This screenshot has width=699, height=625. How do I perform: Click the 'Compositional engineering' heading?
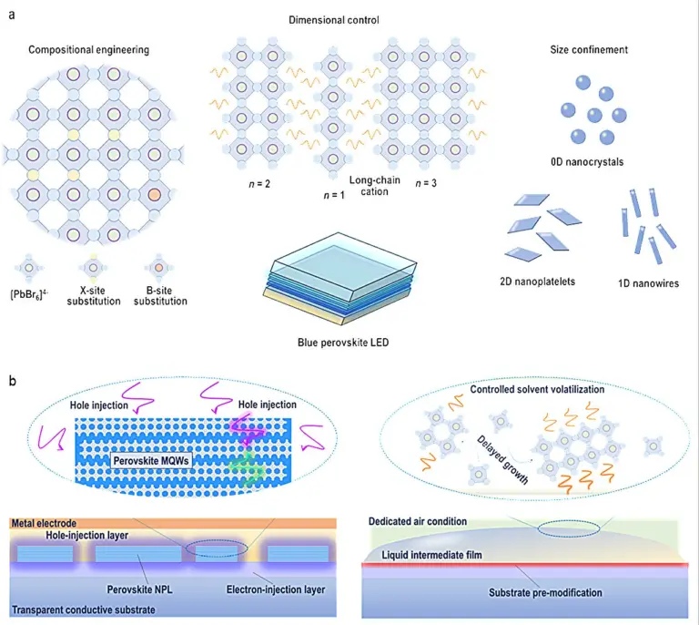pyautogui.click(x=88, y=49)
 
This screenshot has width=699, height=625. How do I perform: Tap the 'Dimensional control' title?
pyautogui.click(x=334, y=20)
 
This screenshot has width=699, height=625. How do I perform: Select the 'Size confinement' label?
pyautogui.click(x=589, y=49)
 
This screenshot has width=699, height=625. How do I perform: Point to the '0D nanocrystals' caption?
pyautogui.click(x=587, y=162)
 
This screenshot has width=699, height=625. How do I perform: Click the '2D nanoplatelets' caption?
pyautogui.click(x=537, y=282)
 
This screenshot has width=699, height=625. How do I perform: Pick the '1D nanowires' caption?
pyautogui.click(x=648, y=283)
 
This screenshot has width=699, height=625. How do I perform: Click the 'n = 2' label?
pyautogui.click(x=259, y=184)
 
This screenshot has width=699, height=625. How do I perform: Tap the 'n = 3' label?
pyautogui.click(x=426, y=183)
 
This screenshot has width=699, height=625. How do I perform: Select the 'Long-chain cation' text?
pyautogui.click(x=374, y=186)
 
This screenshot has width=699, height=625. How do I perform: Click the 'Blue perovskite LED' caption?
pyautogui.click(x=343, y=343)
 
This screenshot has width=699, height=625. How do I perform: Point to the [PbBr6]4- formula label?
pyautogui.click(x=29, y=295)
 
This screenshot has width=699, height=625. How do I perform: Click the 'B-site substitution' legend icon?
pyautogui.click(x=158, y=268)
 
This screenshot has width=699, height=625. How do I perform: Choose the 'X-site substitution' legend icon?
pyautogui.click(x=93, y=268)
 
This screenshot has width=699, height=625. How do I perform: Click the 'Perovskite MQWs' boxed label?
pyautogui.click(x=151, y=461)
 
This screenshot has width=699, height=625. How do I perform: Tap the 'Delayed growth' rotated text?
pyautogui.click(x=502, y=460)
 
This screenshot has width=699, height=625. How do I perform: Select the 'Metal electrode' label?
pyautogui.click(x=44, y=523)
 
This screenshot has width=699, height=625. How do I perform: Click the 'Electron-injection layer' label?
pyautogui.click(x=276, y=589)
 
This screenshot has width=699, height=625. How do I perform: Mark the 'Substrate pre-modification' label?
pyautogui.click(x=545, y=593)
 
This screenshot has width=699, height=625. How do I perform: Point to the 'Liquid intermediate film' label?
pyautogui.click(x=431, y=556)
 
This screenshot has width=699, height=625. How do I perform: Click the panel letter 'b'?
pyautogui.click(x=13, y=381)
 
